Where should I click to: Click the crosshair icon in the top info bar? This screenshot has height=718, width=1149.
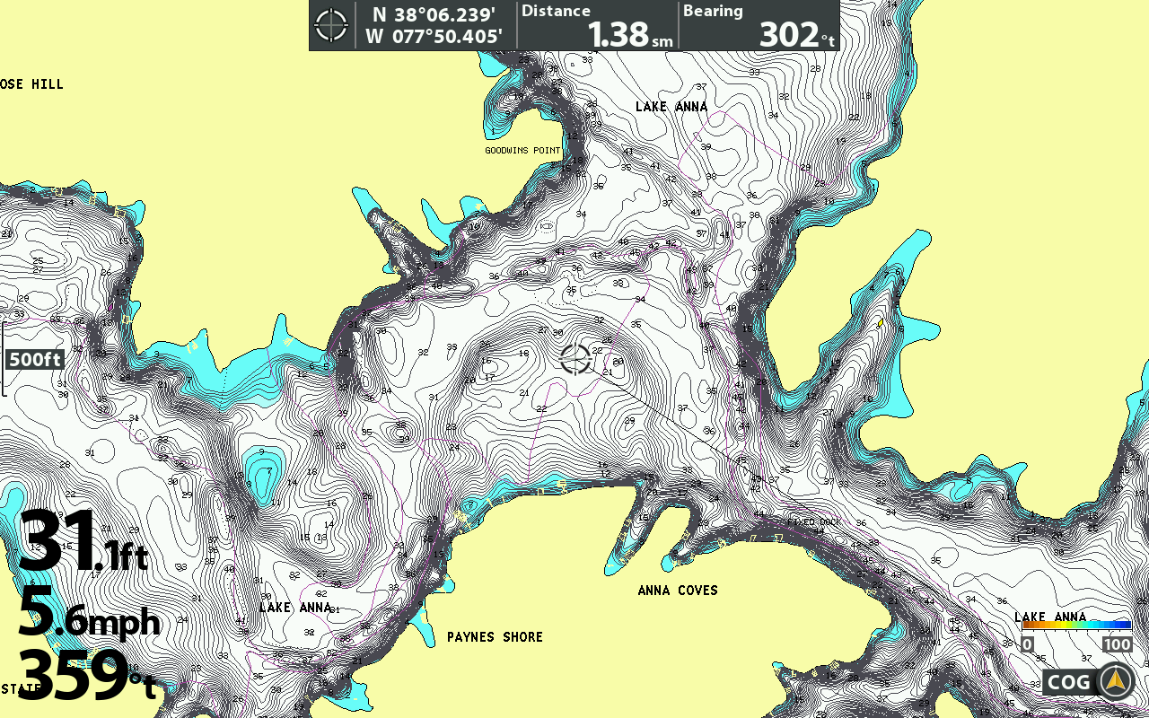click(331, 25)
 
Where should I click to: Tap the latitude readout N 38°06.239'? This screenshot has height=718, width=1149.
click(434, 15)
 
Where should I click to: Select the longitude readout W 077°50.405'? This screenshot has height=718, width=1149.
click(434, 37)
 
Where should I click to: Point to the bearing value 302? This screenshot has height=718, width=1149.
click(789, 34)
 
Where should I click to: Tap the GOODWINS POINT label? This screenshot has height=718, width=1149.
click(522, 150)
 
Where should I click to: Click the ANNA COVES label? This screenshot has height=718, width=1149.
click(678, 590)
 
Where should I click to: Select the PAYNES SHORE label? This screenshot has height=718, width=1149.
click(495, 636)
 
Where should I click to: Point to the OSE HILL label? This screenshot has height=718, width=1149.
click(32, 84)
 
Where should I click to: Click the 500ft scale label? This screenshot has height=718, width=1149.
click(35, 360)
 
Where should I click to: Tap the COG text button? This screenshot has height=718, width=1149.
click(1069, 682)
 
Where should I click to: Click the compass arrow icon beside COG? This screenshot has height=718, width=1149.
click(1116, 681)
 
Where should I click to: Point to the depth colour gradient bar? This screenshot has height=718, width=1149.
click(1076, 625)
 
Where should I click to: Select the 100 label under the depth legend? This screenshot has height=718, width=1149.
click(1118, 644)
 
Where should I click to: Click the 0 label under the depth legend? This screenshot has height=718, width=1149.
click(1028, 644)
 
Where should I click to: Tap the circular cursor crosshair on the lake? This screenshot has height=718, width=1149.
click(575, 357)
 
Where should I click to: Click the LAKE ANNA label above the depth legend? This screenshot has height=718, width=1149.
click(1050, 617)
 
